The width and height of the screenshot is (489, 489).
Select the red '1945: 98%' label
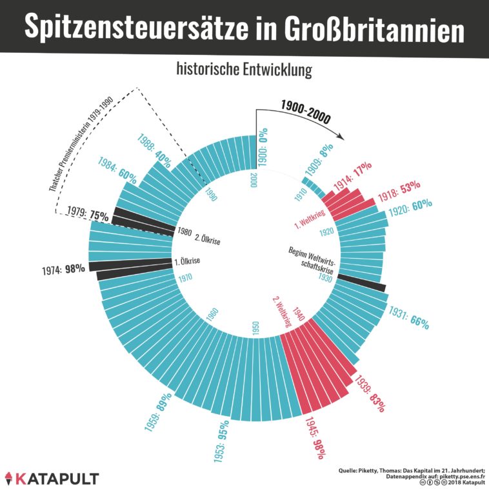tap(312, 437)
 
